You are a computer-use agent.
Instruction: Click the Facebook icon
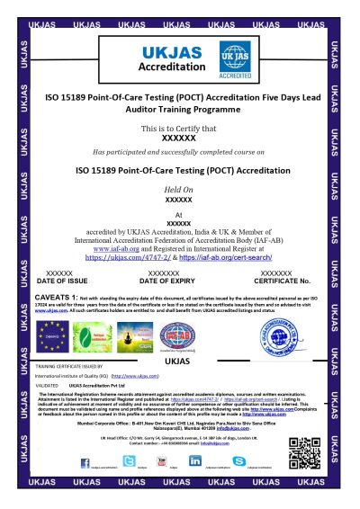tap(85, 460)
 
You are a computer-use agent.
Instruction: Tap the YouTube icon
tap(163, 460)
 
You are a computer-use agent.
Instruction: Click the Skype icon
tap(238, 460)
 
